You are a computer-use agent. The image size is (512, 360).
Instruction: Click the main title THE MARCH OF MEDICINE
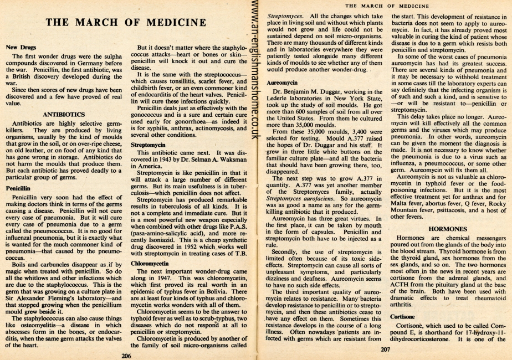point(125,22)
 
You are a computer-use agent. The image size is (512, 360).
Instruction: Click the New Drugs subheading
point(21,48)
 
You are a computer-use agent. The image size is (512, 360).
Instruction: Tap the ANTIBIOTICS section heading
point(66,115)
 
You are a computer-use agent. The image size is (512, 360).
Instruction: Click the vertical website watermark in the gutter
point(255,78)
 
